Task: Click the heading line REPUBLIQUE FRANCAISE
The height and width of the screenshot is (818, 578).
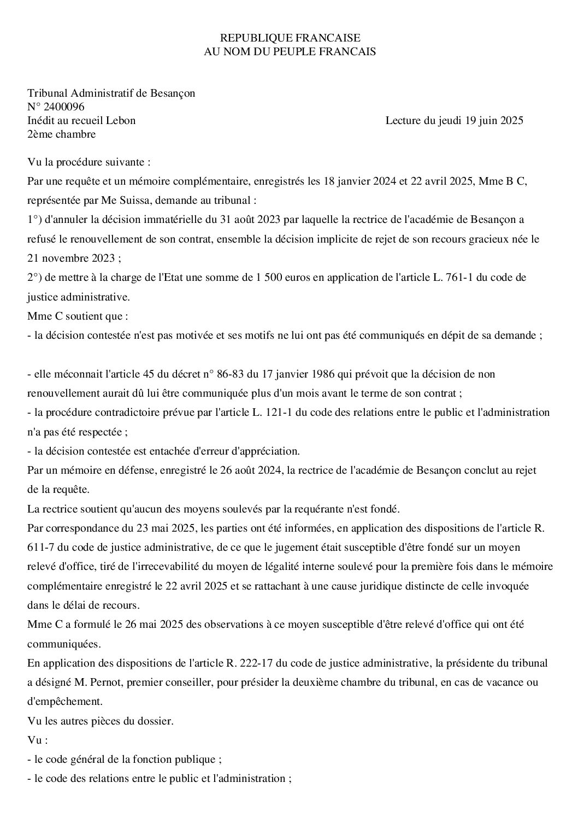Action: [x=290, y=38]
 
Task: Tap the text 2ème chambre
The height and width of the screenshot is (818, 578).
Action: [x=62, y=134]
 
